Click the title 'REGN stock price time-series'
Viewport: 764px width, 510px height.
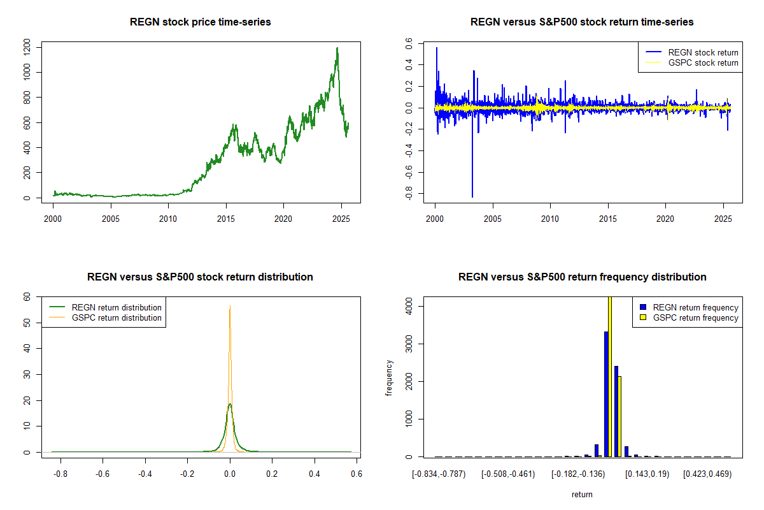(201, 22)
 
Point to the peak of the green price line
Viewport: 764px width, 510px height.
(337, 48)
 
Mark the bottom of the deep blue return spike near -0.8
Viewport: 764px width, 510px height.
(472, 197)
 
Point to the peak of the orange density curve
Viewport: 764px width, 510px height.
(230, 306)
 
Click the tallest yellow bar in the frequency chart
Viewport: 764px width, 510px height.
(610, 376)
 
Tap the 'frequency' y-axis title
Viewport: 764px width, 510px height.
(389, 377)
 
